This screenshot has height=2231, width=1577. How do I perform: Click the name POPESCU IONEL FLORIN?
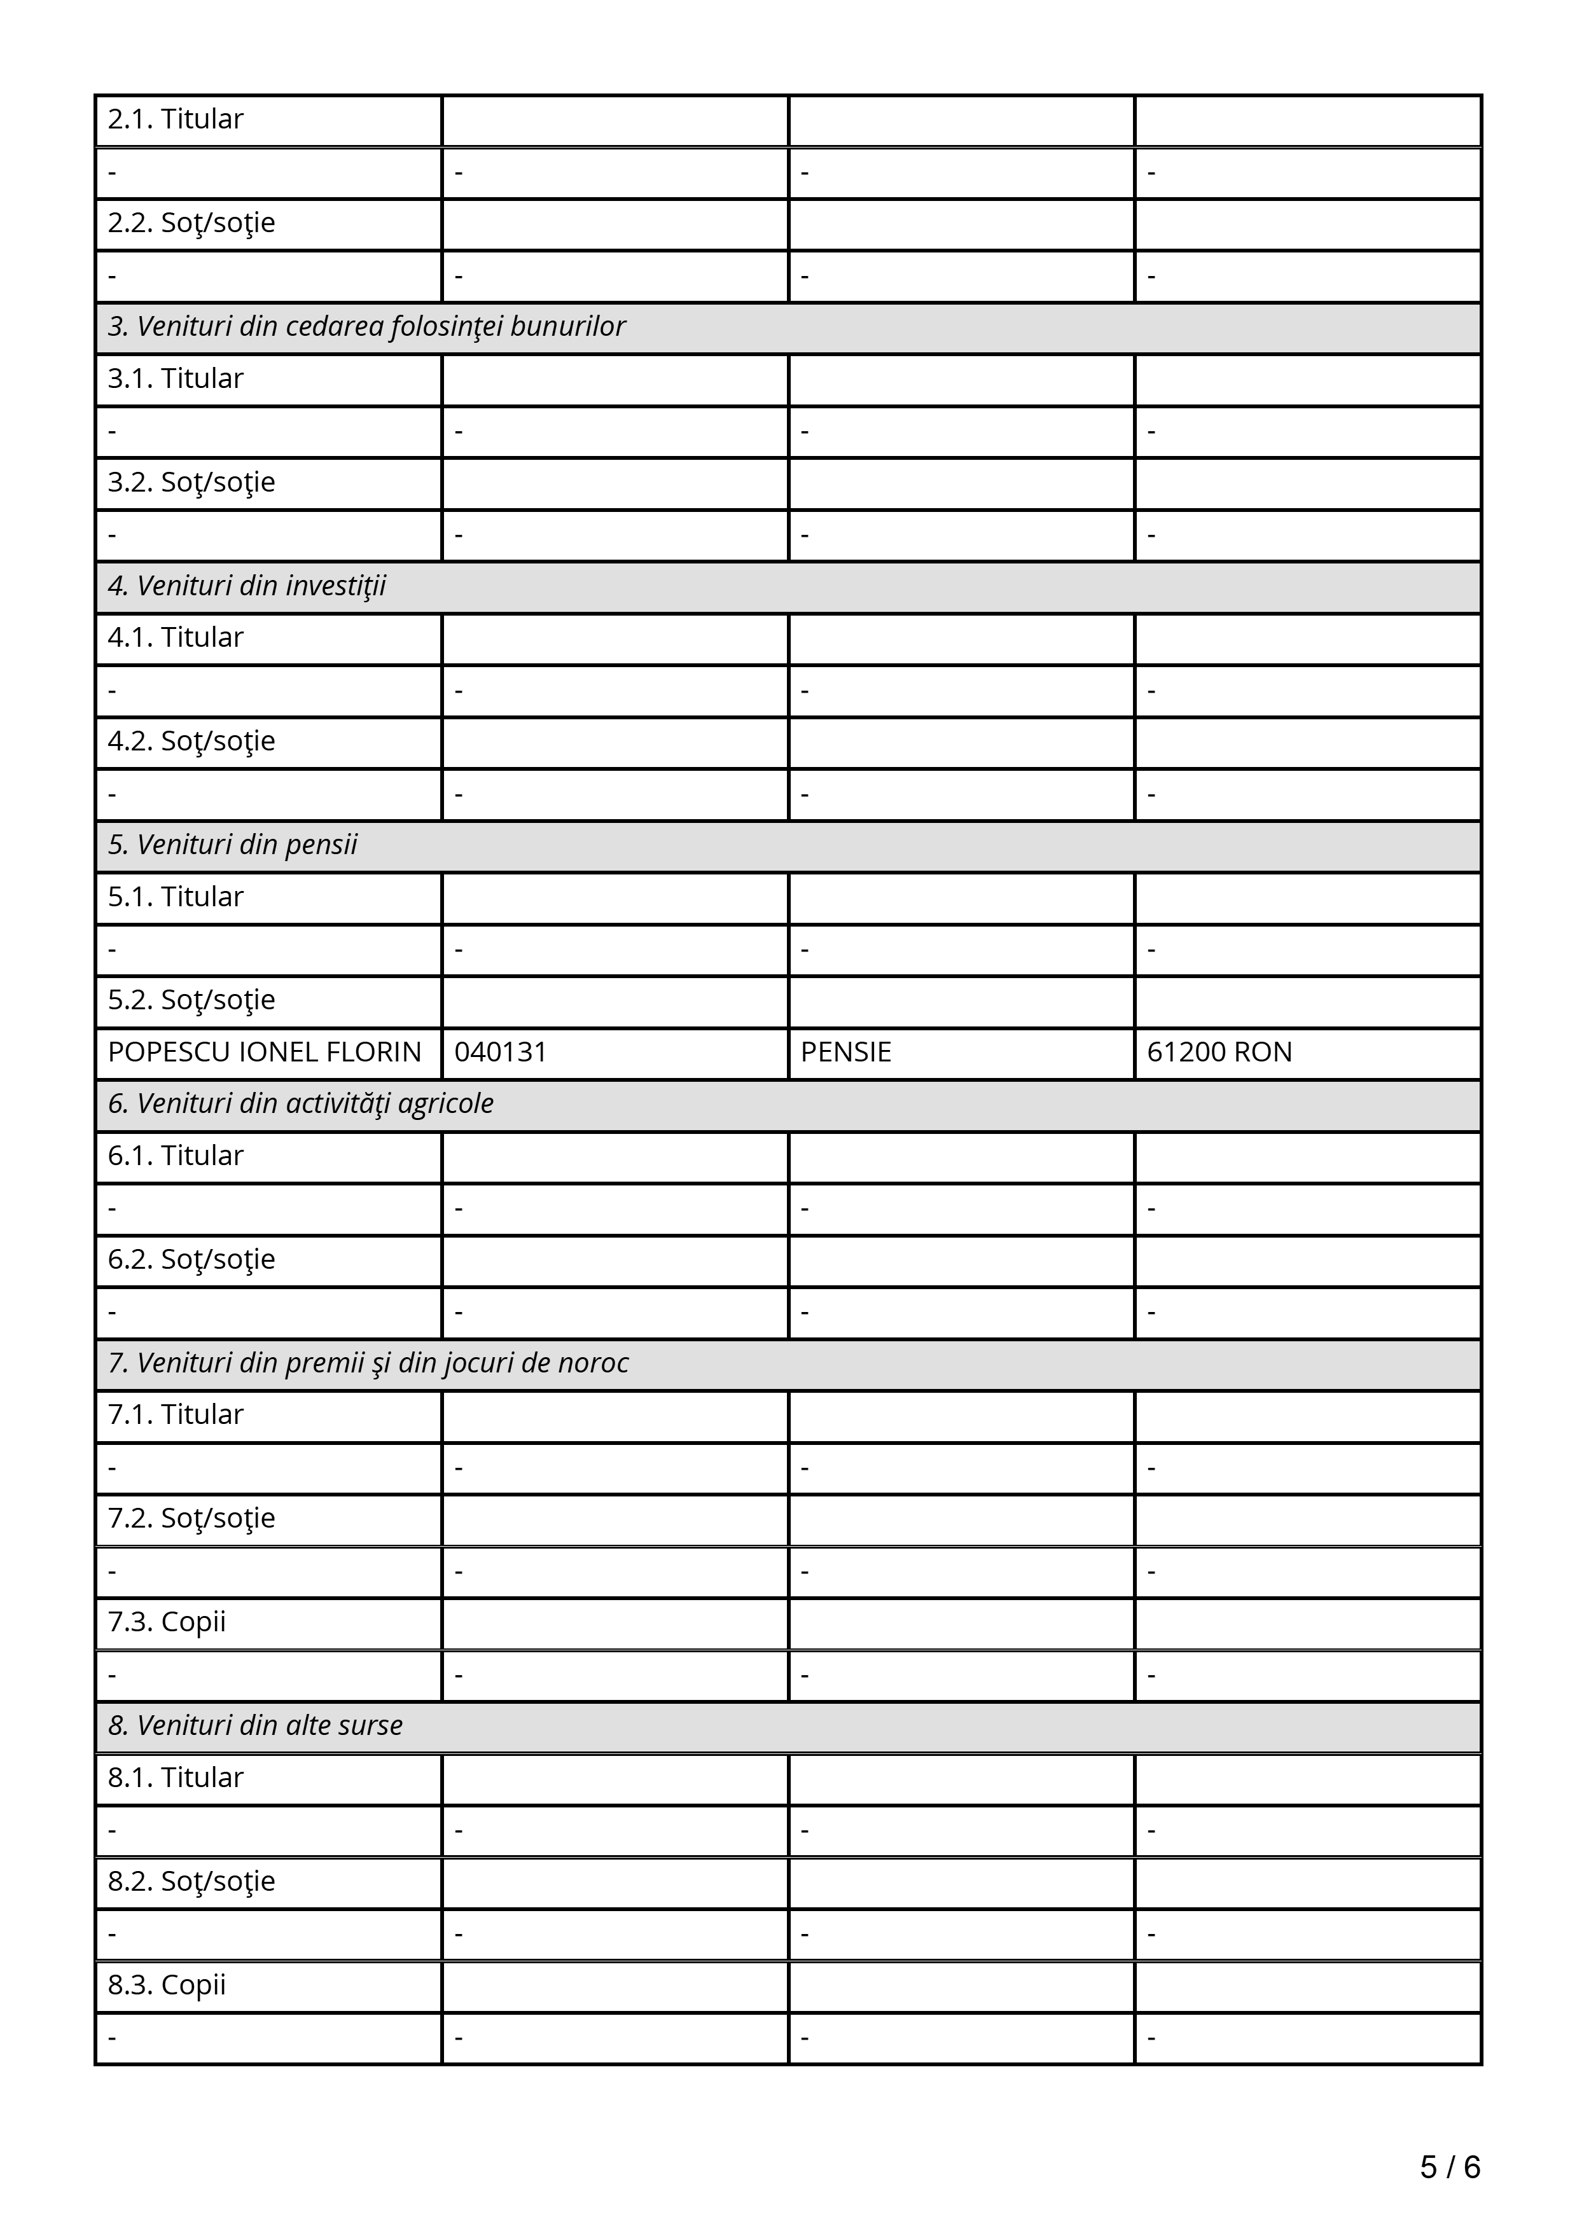tap(264, 1053)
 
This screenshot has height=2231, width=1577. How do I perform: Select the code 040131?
tap(501, 1053)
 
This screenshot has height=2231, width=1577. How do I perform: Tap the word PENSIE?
tap(845, 1053)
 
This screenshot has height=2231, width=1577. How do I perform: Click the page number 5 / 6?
tap(1450, 2167)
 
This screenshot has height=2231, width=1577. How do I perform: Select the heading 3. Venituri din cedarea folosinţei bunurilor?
tap(366, 326)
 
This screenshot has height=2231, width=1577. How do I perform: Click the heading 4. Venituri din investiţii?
tap(247, 586)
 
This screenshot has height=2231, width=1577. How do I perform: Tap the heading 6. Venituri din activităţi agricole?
tap(300, 1104)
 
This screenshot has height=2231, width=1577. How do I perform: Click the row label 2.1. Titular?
tap(175, 120)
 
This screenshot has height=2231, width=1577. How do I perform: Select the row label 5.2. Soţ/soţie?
tap(191, 1000)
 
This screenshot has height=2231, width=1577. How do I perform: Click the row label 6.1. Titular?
tap(175, 1156)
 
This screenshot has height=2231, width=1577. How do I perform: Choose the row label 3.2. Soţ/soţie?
tap(191, 482)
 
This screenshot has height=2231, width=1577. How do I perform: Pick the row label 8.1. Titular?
tap(175, 1777)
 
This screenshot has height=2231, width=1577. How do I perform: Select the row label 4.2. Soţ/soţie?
tap(191, 742)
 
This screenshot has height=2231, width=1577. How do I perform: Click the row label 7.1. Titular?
tap(175, 1415)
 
